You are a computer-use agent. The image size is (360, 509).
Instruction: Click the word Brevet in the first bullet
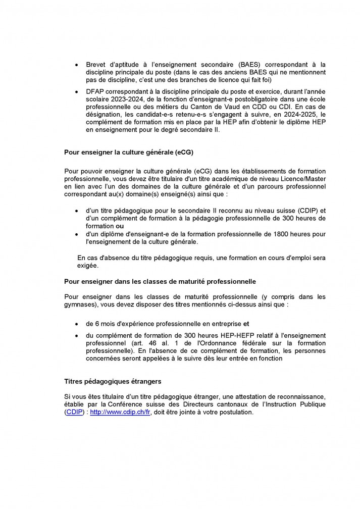pyautogui.click(x=95, y=65)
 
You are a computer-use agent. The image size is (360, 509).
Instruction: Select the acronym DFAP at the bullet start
pyautogui.click(x=95, y=92)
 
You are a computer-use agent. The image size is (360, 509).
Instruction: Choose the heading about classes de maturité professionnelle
pyautogui.click(x=160, y=281)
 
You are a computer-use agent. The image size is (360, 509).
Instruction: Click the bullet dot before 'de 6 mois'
pyautogui.click(x=76, y=324)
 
